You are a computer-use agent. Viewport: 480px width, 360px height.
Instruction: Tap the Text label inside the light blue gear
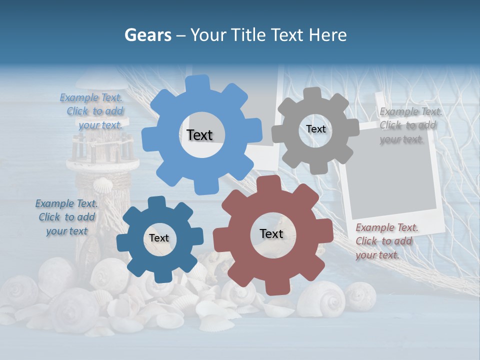(x=199, y=135)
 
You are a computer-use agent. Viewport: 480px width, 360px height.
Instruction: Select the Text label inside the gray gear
(x=315, y=129)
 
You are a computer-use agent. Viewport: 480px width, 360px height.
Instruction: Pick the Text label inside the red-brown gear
(x=271, y=233)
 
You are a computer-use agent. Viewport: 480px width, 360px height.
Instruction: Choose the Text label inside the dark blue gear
(x=159, y=238)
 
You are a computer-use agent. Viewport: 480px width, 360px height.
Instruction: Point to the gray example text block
(x=410, y=125)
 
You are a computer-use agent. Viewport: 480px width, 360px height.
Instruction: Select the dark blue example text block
(x=66, y=217)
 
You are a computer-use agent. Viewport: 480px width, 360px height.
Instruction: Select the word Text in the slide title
(x=288, y=35)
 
